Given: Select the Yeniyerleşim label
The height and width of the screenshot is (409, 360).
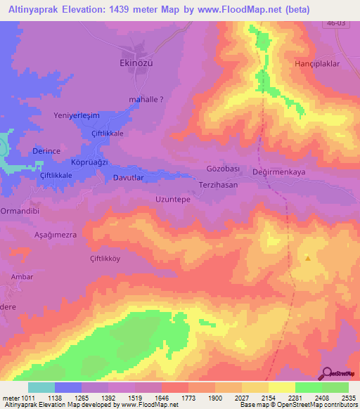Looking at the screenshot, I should [x=77, y=115].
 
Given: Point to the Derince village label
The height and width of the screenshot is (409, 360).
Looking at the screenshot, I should [x=48, y=151].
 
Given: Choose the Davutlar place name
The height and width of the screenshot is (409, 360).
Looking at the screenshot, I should [x=129, y=178].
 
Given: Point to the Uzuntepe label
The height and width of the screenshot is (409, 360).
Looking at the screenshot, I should [x=173, y=200].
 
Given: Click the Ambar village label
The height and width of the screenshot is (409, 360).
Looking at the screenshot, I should [x=22, y=277].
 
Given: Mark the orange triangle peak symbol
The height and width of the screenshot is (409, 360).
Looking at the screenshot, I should [x=307, y=258].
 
